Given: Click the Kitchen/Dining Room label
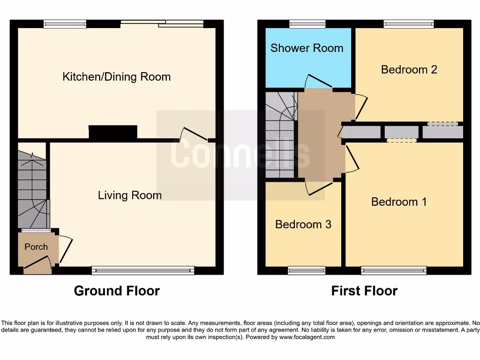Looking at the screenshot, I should click(116, 77).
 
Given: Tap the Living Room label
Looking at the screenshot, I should click(129, 195).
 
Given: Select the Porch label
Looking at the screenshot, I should click(36, 247).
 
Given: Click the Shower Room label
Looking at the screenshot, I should click(307, 48).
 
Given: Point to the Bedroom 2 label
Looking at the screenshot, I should click(409, 69).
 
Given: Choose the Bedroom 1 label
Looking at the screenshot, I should click(399, 202).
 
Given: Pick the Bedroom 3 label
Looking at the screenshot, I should click(303, 224).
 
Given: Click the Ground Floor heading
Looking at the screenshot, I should click(117, 291).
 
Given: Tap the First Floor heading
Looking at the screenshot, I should click(364, 291).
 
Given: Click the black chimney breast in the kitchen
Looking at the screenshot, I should click(113, 132).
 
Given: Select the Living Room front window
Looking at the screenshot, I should click(143, 270).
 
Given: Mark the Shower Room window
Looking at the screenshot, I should click(307, 24).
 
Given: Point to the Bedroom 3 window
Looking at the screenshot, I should click(307, 270).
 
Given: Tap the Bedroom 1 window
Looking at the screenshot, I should click(394, 270).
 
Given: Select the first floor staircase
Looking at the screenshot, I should click(280, 136).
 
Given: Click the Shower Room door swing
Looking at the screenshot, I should click(319, 81).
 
